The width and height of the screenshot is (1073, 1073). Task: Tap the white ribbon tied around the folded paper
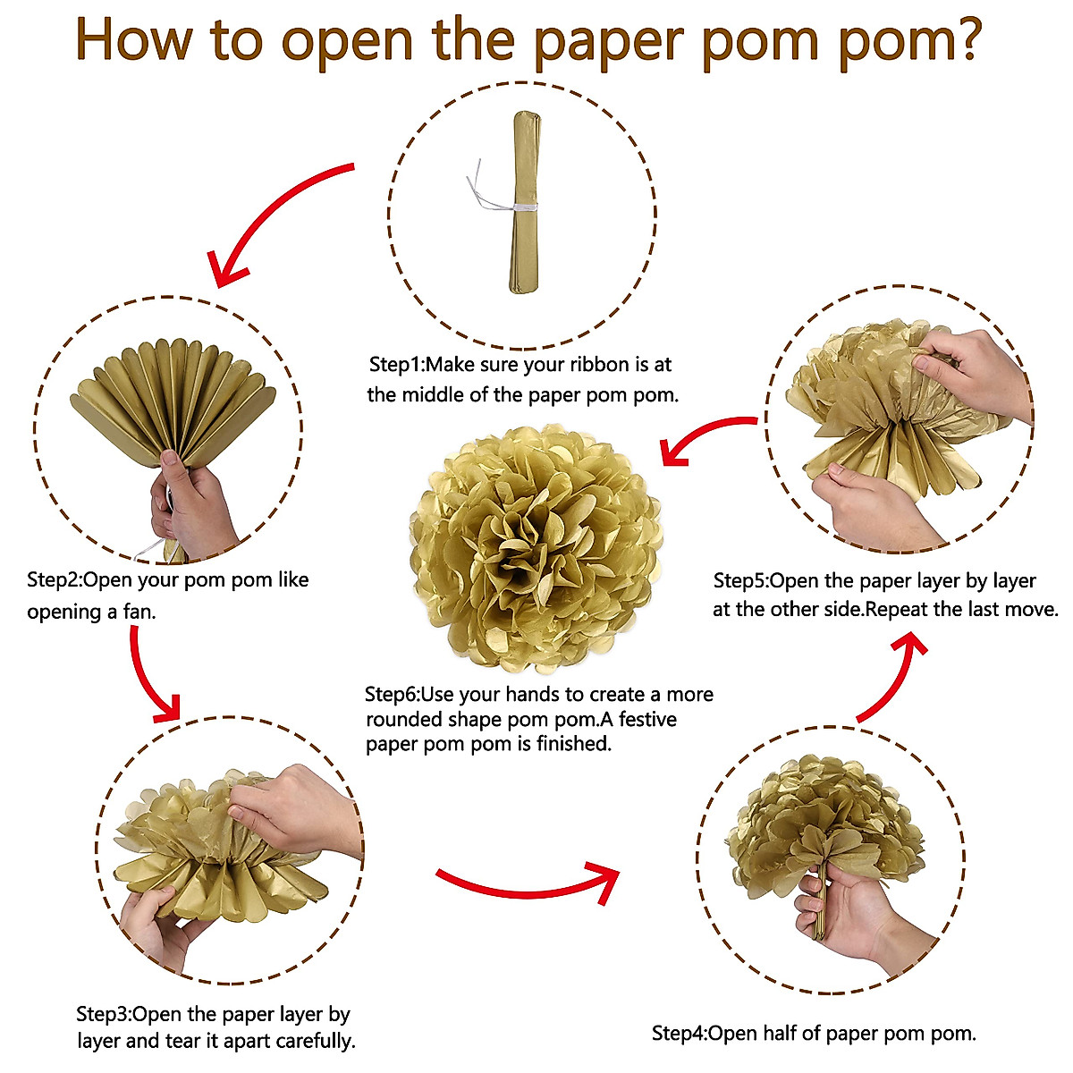[x=514, y=207]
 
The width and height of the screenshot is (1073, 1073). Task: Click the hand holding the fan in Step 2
[x=192, y=501]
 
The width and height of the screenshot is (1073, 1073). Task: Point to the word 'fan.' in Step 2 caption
[x=138, y=612]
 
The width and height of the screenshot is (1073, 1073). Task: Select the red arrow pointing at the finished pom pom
[x=706, y=438]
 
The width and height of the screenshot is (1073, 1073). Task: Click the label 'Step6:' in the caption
[x=392, y=695]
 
